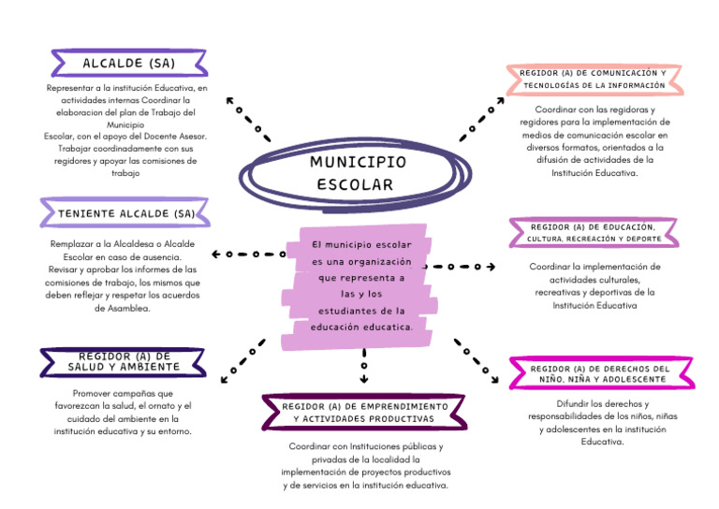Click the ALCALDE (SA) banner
[x=128, y=64]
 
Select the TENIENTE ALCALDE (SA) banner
[x=125, y=213]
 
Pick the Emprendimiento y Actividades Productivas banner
[x=365, y=413]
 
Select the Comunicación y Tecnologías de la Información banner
[x=593, y=79]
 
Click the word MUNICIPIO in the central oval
[x=358, y=162]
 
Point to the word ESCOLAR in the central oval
[x=355, y=184]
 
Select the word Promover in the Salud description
[x=96, y=393]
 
